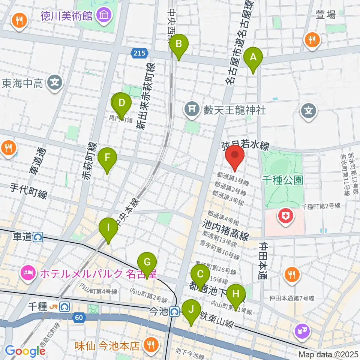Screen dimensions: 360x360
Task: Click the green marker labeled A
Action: (x=253, y=58)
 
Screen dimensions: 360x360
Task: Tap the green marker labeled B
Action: (x=179, y=45)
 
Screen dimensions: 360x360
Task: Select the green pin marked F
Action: (x=107, y=157)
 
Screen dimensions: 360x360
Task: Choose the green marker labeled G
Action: (x=147, y=262)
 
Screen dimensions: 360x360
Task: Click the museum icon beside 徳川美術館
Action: (x=102, y=16)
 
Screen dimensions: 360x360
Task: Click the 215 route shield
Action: (x=139, y=54)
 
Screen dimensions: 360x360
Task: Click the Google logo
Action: (x=25, y=351)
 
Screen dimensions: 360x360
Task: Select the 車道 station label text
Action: (x=22, y=237)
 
